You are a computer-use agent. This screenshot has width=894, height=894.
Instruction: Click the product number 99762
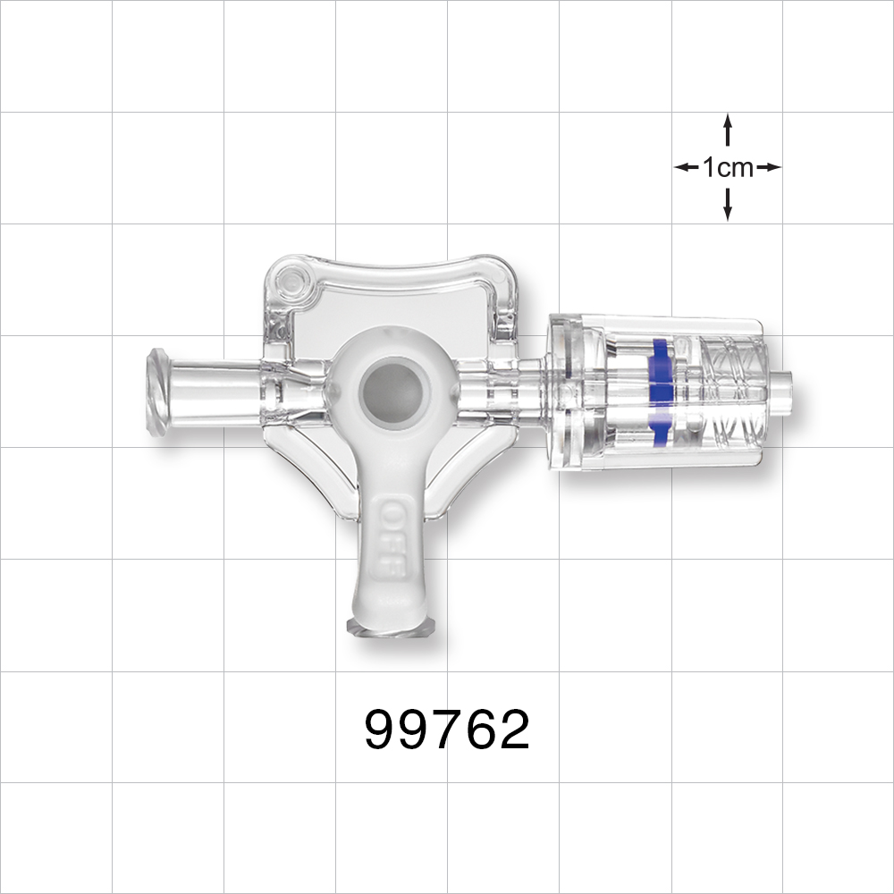pos(447,730)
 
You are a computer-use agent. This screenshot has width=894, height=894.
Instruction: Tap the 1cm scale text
pos(728,167)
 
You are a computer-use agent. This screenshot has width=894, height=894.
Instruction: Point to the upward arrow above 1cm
pos(728,129)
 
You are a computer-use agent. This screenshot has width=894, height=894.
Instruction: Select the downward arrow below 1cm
pos(728,205)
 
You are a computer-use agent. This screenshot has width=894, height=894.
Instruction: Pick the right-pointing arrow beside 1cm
pos(769,167)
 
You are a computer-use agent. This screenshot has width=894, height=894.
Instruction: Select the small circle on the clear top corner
pos(290,284)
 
